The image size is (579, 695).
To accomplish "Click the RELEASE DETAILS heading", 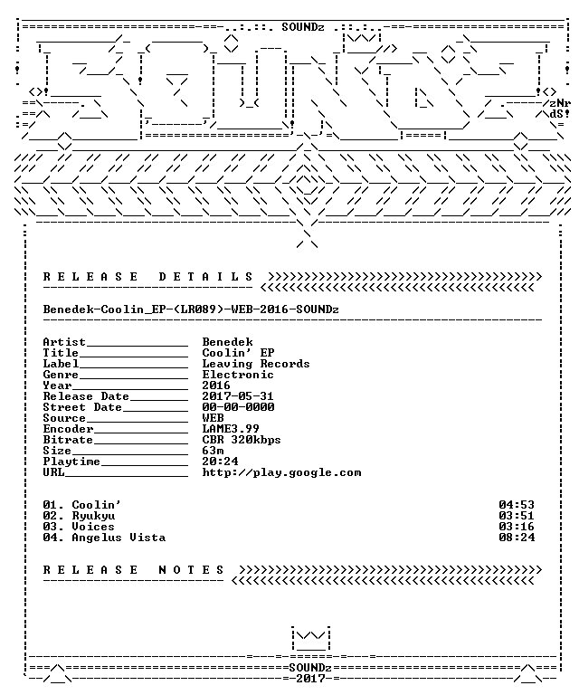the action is click(x=148, y=277).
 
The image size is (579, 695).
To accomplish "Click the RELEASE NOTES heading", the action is click(x=134, y=570).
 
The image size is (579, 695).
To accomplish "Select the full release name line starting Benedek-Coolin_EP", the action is click(x=191, y=309).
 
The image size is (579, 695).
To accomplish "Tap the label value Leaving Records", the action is click(x=256, y=364).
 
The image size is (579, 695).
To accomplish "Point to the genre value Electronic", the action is click(x=238, y=375).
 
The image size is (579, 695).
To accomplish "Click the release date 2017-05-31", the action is click(x=238, y=396).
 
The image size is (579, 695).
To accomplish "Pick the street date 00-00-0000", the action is click(x=238, y=407).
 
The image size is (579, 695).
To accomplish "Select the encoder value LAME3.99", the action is click(x=231, y=429).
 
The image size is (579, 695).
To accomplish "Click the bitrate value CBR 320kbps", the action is click(x=242, y=440).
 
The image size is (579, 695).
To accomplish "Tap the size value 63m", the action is click(x=214, y=451).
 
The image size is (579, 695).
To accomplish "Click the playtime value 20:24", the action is click(x=220, y=462).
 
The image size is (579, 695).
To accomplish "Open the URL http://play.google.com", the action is click(x=281, y=472).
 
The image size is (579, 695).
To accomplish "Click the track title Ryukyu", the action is click(x=93, y=516).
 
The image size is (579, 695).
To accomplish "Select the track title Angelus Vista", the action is click(x=119, y=538).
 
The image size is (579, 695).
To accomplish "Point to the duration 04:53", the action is click(x=517, y=505).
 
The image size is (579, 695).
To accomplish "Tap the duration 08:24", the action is click(x=517, y=538).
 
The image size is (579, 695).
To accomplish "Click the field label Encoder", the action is click(x=68, y=429).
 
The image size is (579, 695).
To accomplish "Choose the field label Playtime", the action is click(x=71, y=462).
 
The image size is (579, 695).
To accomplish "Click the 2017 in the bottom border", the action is click(x=310, y=679).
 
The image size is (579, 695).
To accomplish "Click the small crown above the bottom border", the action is click(x=311, y=638).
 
